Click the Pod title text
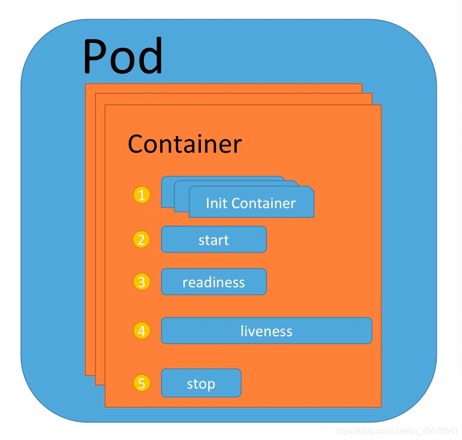123,56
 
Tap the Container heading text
185,144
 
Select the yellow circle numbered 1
142,195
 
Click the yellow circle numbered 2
142,239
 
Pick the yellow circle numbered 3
142,282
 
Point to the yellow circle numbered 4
142,331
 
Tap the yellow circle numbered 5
142,384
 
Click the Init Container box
251,203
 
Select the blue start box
214,239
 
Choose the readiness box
214,282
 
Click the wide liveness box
267,331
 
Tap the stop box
201,383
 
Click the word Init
216,203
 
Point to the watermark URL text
396,431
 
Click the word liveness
267,331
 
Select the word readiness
214,282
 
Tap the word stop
201,384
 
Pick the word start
214,240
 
